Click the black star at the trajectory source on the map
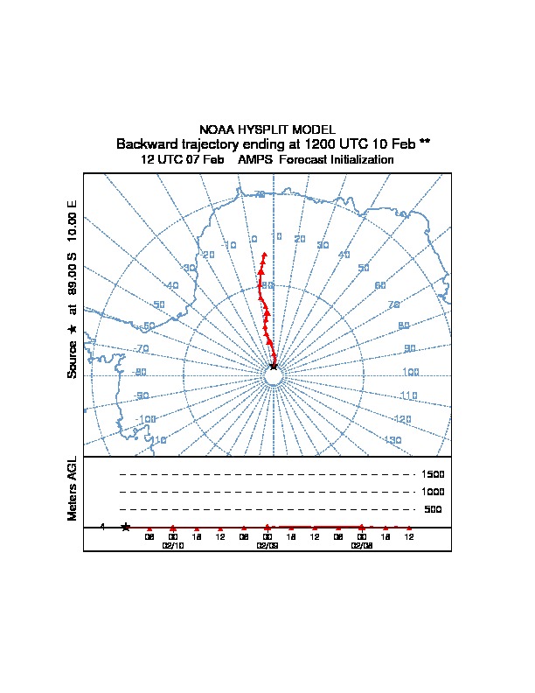point(274,366)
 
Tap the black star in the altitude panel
point(126,527)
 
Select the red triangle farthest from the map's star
point(264,255)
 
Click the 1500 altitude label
point(434,474)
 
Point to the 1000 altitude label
point(434,492)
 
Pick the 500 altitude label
point(433,509)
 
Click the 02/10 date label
point(173,544)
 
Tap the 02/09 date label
point(267,544)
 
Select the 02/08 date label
point(361,544)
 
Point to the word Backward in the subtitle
point(147,143)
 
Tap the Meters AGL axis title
point(73,488)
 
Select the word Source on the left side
point(73,360)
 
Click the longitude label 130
point(393,440)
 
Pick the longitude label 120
point(403,420)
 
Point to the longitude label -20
point(208,255)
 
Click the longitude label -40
point(172,286)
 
